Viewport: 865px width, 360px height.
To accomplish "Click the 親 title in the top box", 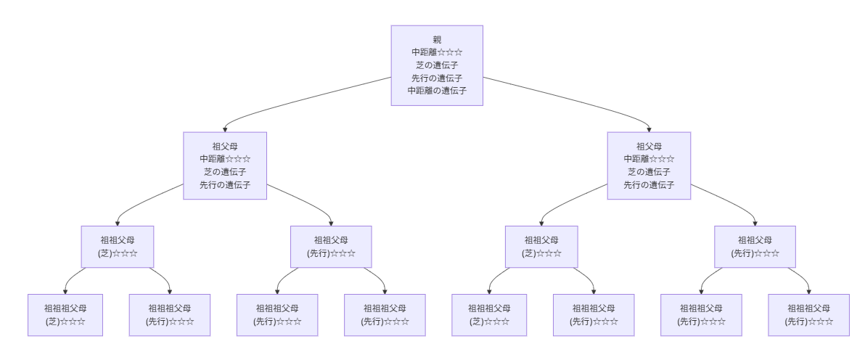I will pyautogui.click(x=437, y=40).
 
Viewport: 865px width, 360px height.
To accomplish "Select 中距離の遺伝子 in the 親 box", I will pyautogui.click(x=437, y=91).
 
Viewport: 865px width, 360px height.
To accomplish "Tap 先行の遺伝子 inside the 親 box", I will pyautogui.click(x=437, y=78).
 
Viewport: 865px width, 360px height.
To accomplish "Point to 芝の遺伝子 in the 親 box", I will pyautogui.click(x=437, y=65).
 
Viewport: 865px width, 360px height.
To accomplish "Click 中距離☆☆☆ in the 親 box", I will pyautogui.click(x=437, y=52).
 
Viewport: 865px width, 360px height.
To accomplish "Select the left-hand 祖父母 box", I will pyautogui.click(x=225, y=165).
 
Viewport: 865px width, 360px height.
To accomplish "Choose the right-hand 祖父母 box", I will pyautogui.click(x=649, y=165).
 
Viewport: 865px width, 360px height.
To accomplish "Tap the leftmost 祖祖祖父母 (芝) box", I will pyautogui.click(x=65, y=315).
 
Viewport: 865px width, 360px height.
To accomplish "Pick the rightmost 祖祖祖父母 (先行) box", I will pyautogui.click(x=808, y=315).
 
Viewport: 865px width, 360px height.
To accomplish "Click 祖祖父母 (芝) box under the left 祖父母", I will pyautogui.click(x=118, y=247).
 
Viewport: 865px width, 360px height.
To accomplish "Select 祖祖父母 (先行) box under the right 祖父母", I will pyautogui.click(x=755, y=247).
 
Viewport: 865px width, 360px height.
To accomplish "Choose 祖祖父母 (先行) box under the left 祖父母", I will pyautogui.click(x=331, y=247).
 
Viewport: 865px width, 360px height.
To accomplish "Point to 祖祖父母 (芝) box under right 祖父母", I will pyautogui.click(x=541, y=247).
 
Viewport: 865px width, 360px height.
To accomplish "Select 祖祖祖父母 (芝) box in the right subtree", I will pyautogui.click(x=489, y=315).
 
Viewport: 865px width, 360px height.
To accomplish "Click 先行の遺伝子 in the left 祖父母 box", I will pyautogui.click(x=225, y=185).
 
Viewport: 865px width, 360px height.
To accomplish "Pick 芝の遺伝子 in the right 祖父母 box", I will pyautogui.click(x=649, y=172).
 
